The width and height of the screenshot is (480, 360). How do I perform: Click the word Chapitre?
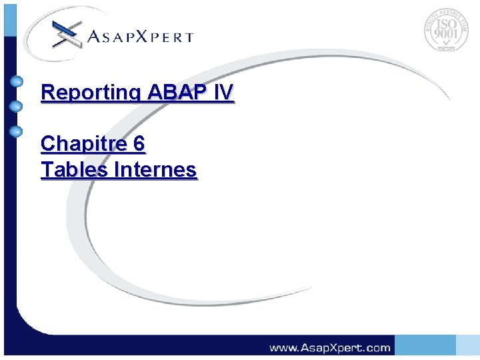[81, 144]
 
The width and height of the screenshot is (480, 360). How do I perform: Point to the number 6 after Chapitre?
[139, 143]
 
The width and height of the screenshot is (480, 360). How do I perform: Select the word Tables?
[75, 170]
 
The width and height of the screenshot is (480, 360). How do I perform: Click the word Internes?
[155, 170]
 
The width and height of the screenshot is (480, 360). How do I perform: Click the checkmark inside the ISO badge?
[446, 42]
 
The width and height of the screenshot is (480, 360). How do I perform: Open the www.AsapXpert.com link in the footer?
[329, 347]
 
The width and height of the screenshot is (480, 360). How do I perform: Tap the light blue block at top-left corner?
[9, 18]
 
